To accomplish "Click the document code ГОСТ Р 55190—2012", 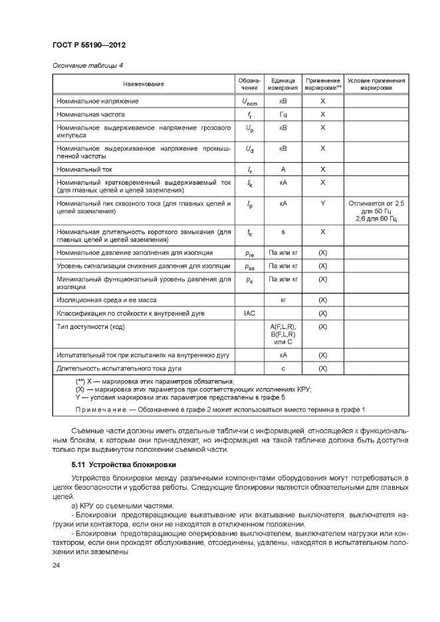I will [x=88, y=45].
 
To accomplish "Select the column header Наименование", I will [x=143, y=84].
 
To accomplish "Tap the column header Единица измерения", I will [x=282, y=84].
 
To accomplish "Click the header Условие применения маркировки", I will [x=376, y=84].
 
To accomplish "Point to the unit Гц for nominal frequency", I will [x=282, y=114].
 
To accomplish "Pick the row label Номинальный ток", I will [x=84, y=169].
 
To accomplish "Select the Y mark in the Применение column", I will [x=322, y=203].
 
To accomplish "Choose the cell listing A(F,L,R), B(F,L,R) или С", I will [x=282, y=334].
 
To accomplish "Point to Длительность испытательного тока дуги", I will [x=120, y=367].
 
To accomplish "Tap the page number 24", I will [x=56, y=565].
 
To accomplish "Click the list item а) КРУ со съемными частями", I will [x=117, y=504].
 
